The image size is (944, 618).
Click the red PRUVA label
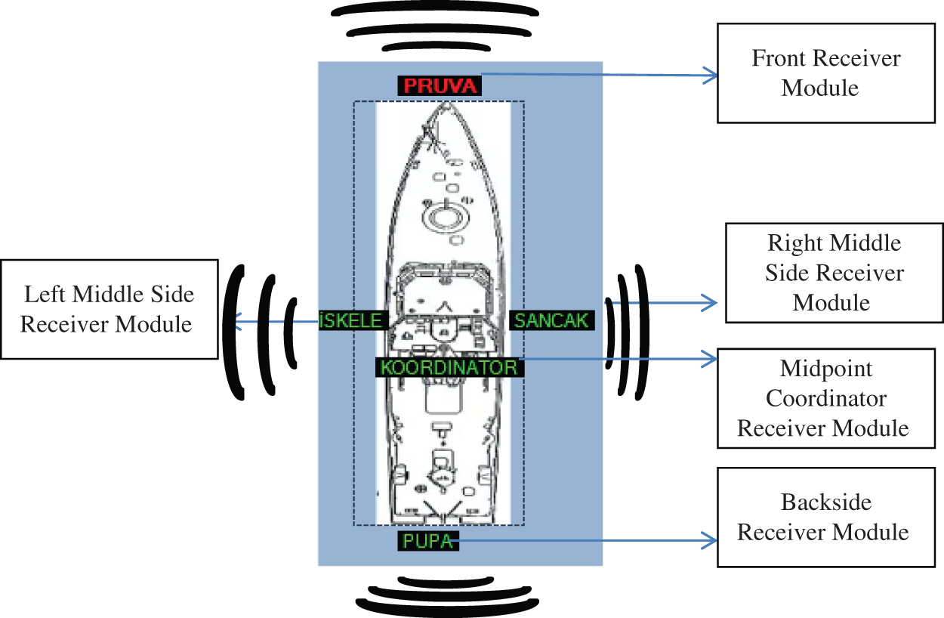click(x=440, y=85)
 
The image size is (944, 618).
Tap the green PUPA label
click(x=427, y=541)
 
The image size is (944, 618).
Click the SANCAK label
click(x=551, y=320)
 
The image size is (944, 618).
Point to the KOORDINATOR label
click(x=449, y=367)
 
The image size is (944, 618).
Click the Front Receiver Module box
click(x=825, y=73)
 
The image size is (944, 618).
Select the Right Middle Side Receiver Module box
click(x=834, y=273)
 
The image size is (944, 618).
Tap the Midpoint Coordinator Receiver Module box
click(x=822, y=398)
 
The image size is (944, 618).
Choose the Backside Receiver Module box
click(x=822, y=517)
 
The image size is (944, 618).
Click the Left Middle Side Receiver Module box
click(x=109, y=309)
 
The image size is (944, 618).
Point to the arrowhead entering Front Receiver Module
click(x=711, y=74)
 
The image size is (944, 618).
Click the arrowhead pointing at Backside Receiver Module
click(x=711, y=540)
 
